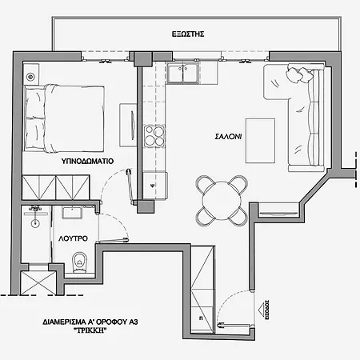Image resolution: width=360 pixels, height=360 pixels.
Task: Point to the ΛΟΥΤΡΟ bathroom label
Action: (x=74, y=239)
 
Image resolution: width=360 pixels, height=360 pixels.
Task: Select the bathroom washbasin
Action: (x=35, y=213)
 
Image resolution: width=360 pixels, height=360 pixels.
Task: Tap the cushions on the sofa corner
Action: (x=299, y=74)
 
